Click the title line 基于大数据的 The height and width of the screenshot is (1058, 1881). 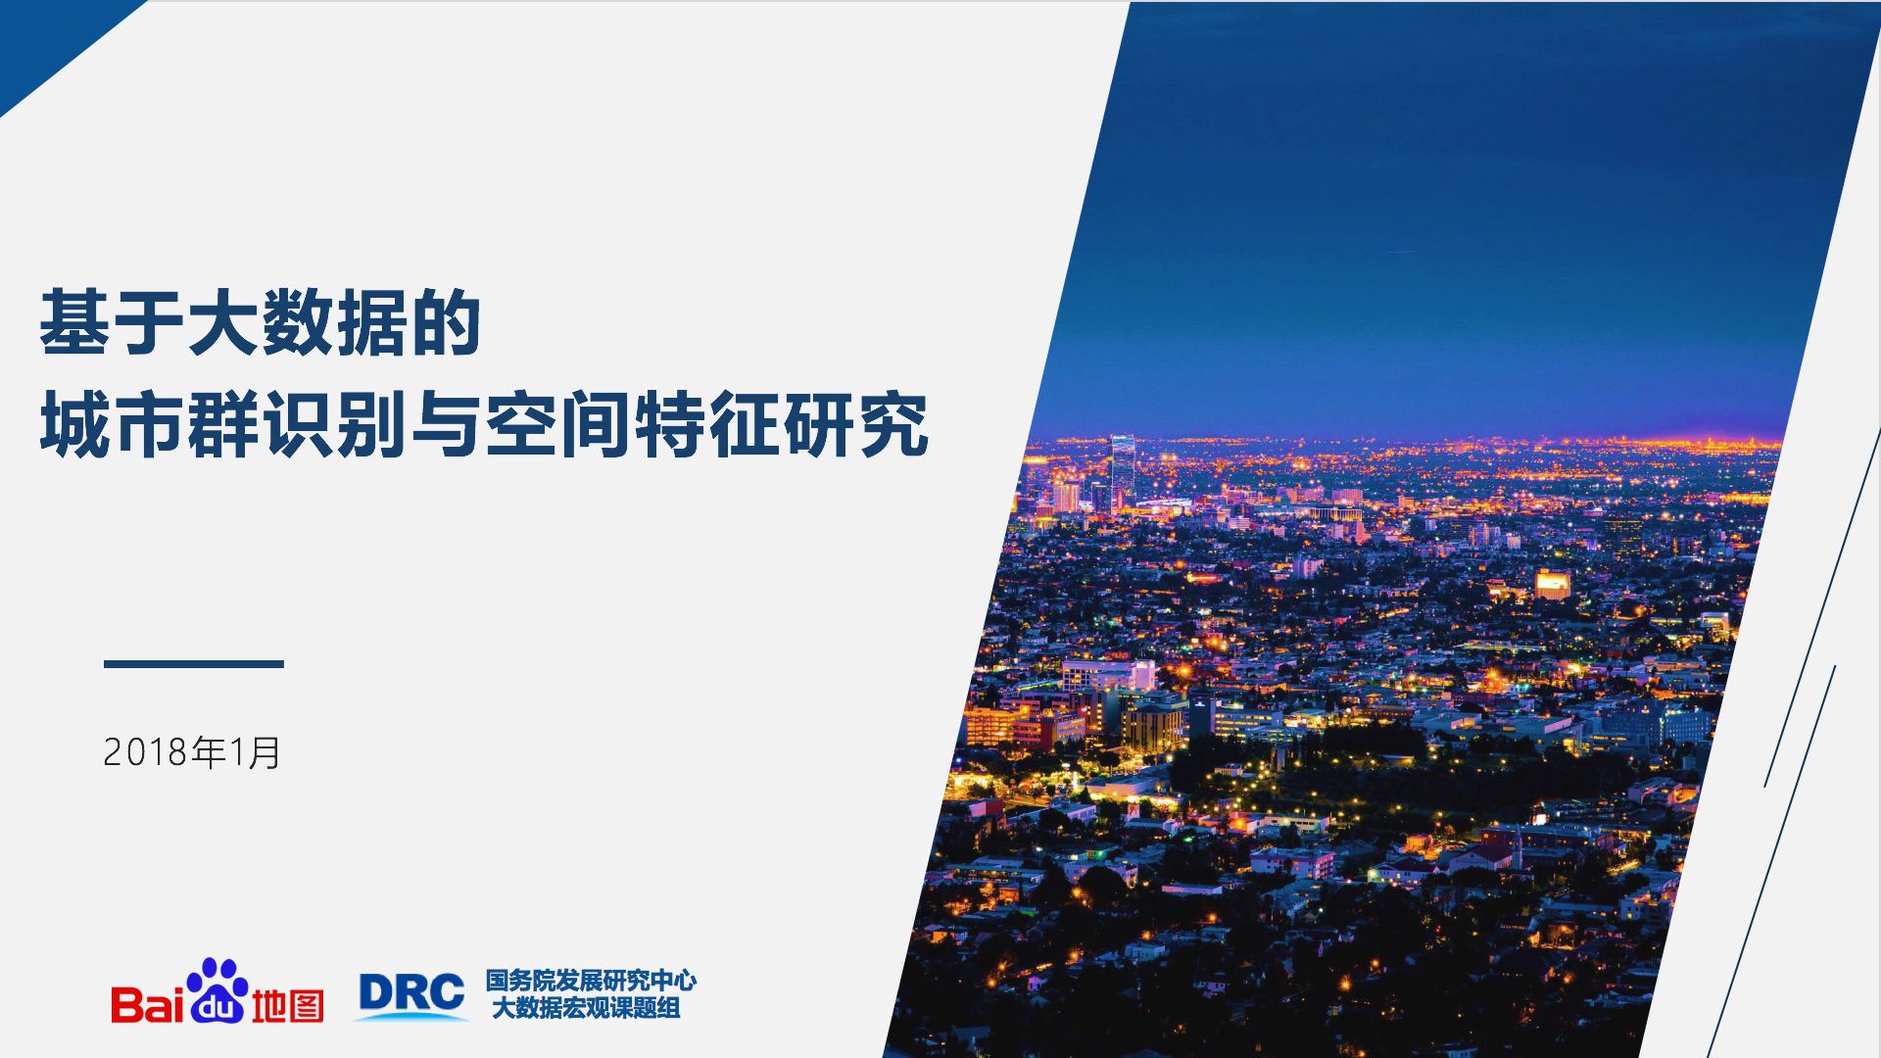click(x=260, y=322)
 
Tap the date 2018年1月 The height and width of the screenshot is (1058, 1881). click(x=192, y=752)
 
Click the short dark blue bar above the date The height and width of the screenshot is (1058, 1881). click(x=194, y=664)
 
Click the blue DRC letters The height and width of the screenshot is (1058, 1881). click(x=411, y=992)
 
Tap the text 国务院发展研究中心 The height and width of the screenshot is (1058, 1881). click(x=591, y=980)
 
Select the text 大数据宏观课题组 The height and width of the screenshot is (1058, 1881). click(x=586, y=1007)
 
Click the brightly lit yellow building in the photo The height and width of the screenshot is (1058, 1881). click(x=1552, y=584)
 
